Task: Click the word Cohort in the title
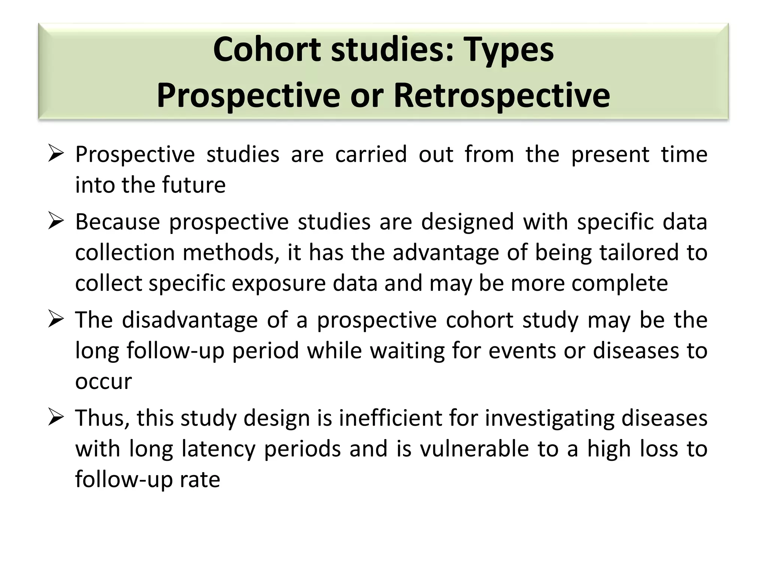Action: tap(267, 49)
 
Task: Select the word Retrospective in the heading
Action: tap(501, 95)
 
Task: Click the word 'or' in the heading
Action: tap(367, 95)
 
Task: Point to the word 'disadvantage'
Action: tap(190, 320)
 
